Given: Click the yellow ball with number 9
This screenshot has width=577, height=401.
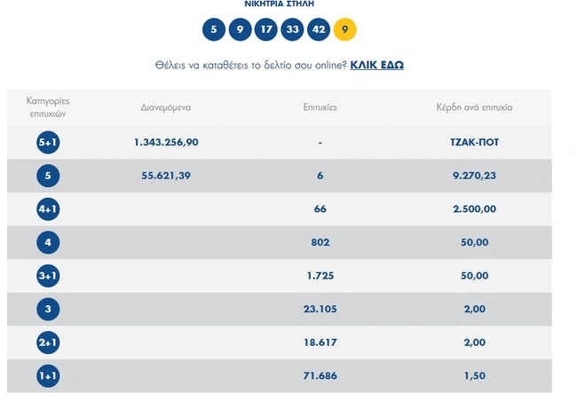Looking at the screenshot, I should click(x=344, y=30).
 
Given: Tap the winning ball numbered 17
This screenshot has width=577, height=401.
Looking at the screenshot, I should click(x=265, y=30).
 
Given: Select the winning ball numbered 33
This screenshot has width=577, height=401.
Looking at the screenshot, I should click(x=292, y=30).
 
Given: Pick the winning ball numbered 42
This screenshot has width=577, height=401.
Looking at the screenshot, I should click(x=318, y=30).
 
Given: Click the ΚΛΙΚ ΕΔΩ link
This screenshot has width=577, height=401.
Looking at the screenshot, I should click(x=376, y=65).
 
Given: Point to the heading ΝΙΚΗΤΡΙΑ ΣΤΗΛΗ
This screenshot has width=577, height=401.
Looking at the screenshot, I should click(x=280, y=4).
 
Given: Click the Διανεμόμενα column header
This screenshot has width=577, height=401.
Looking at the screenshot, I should click(x=166, y=107).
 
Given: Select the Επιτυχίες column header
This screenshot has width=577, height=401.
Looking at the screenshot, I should click(x=320, y=107).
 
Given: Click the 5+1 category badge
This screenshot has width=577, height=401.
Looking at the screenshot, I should click(x=48, y=143).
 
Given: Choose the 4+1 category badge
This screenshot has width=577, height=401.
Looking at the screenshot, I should click(x=48, y=209).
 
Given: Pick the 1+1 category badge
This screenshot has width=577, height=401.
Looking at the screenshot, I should click(x=48, y=376).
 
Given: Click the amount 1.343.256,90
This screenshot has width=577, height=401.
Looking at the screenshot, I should click(x=166, y=143).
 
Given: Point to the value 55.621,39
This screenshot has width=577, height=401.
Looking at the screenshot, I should click(x=166, y=176).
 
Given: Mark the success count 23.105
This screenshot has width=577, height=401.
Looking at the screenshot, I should click(x=320, y=310).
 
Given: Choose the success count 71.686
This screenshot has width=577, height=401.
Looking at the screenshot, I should click(x=320, y=376).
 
